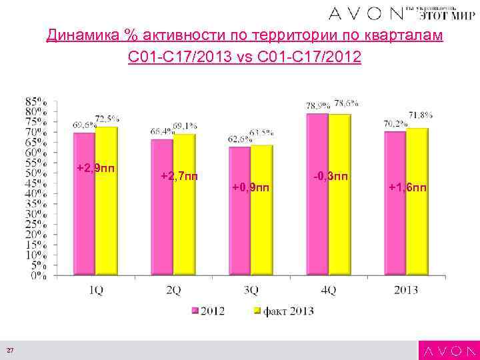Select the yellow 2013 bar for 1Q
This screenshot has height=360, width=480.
[106, 200]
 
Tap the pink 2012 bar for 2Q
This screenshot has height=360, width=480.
[162, 207]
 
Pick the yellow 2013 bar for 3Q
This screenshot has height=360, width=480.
[262, 209]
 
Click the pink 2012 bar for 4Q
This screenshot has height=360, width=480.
[317, 193]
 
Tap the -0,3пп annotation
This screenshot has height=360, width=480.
[329, 176]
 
